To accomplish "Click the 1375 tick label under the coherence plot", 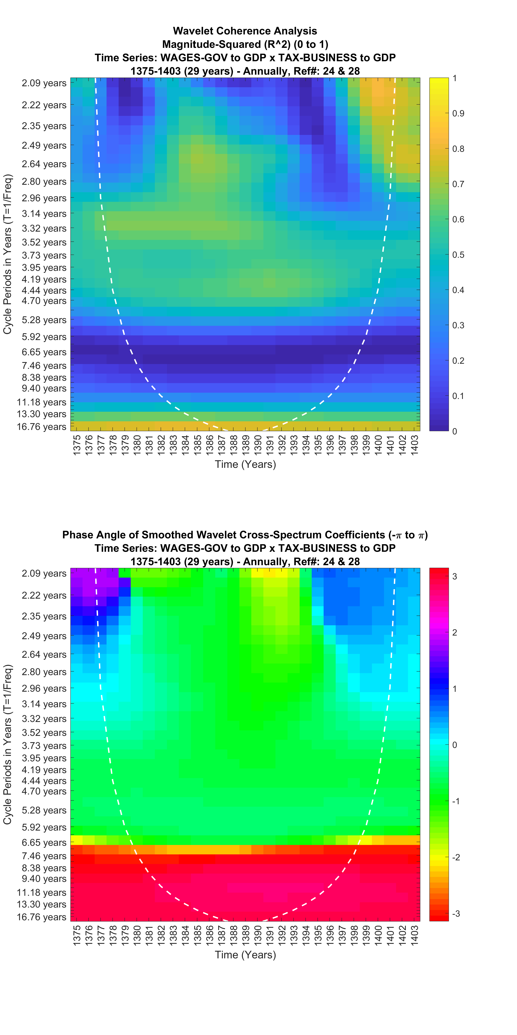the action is tap(77, 445).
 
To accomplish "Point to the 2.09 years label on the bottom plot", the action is tap(44, 573).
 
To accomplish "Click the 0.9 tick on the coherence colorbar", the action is tap(458, 113).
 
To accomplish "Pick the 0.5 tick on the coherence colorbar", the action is tap(458, 255).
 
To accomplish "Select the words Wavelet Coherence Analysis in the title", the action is tap(245, 31).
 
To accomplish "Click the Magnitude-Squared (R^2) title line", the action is tap(245, 44).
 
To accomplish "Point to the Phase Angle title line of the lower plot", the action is tap(245, 535).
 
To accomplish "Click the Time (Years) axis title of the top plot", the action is tap(245, 465).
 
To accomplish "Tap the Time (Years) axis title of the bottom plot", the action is tap(245, 955).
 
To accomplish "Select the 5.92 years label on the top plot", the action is tap(44, 337).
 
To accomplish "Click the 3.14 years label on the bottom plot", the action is tap(44, 704).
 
